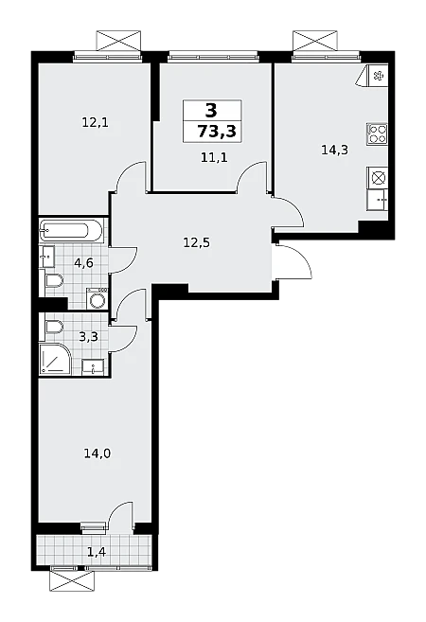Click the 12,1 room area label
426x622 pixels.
96,123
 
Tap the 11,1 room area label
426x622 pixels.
214,158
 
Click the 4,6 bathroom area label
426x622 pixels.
83,262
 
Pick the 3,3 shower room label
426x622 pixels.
88,337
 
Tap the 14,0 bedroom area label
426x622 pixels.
98,453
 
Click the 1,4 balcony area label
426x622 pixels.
98,551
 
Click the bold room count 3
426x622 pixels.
211,110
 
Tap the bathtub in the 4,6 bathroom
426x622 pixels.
71,230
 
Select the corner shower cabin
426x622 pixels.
55,358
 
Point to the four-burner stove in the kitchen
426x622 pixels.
377,133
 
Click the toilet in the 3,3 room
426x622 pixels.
54,328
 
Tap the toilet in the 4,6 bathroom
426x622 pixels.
54,281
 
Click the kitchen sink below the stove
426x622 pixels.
378,201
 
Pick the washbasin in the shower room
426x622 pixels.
93,366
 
